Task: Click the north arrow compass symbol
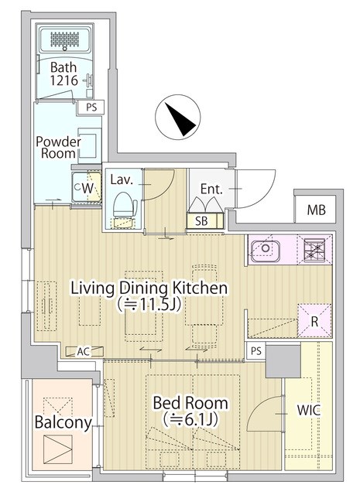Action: tap(178, 118)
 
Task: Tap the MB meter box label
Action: tap(317, 210)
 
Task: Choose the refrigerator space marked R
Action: tap(314, 320)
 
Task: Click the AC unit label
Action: tap(84, 351)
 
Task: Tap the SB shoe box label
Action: tap(201, 221)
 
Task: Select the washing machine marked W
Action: tap(86, 187)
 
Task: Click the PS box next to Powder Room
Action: tap(91, 108)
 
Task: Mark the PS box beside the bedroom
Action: tap(256, 350)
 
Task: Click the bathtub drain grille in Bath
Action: tap(65, 39)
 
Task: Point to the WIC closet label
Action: tap(308, 410)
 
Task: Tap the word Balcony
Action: tap(63, 422)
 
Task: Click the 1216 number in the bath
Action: tap(63, 80)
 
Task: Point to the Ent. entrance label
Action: tap(211, 189)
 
